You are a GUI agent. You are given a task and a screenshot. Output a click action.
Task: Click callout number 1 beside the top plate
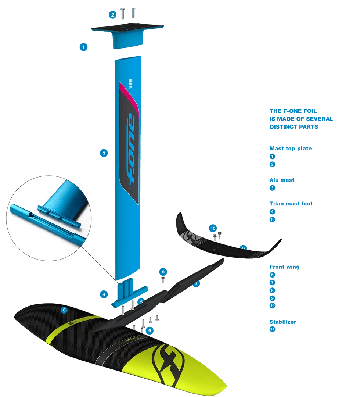click(x=84, y=47)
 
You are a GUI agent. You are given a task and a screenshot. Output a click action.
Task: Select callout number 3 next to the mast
click(x=104, y=153)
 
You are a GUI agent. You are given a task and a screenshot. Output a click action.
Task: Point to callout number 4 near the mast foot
click(x=104, y=294)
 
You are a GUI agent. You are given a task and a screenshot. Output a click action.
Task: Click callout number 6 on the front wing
click(x=64, y=310)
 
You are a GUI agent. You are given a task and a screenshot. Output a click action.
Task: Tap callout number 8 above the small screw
click(x=163, y=272)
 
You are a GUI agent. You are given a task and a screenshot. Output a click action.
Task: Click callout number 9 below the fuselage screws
click(x=149, y=330)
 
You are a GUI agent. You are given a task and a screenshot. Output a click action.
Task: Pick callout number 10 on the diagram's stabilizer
click(x=213, y=228)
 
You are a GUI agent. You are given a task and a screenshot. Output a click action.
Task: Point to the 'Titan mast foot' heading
click(x=292, y=203)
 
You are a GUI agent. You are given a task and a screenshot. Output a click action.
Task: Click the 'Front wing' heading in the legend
click(x=284, y=267)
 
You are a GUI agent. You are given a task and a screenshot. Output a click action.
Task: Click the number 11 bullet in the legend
click(x=272, y=329)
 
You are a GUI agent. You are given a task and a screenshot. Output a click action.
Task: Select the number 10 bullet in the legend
click(x=272, y=305)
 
